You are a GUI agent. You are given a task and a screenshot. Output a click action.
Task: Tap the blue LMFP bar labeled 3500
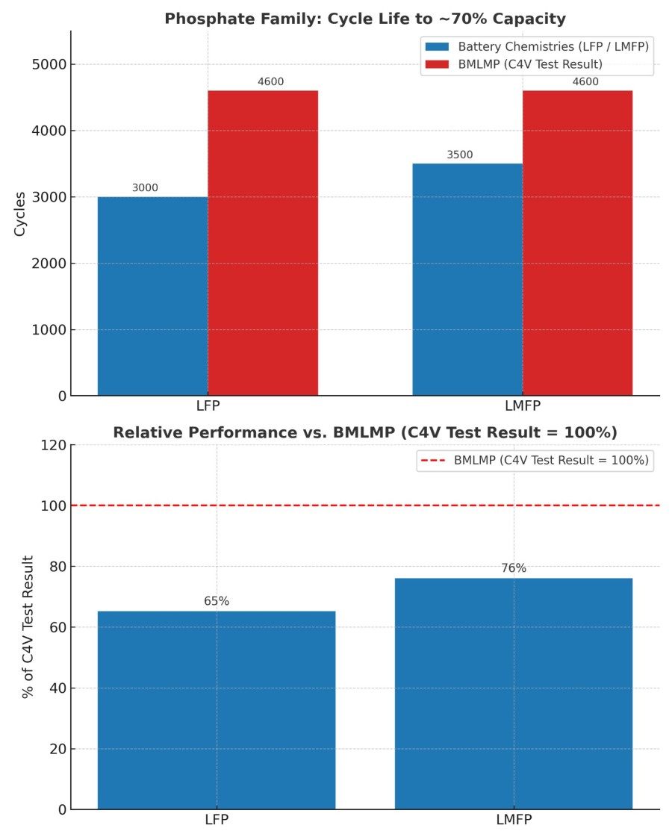[x=467, y=279]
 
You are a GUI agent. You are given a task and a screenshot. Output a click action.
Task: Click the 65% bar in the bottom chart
[x=217, y=709]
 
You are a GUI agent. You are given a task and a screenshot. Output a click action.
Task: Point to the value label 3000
[x=145, y=188]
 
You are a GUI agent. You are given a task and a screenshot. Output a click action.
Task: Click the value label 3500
[x=460, y=155]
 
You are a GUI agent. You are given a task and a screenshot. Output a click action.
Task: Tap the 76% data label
[x=514, y=568]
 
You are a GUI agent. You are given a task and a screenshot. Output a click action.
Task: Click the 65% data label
[x=217, y=601]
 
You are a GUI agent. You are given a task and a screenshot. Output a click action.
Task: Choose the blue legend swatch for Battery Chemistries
[x=437, y=46]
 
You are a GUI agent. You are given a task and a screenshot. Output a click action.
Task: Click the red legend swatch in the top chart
[x=437, y=64]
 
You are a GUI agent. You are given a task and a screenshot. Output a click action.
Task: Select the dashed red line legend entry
[x=434, y=461]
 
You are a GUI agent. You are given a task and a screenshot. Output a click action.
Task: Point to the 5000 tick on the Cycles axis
[x=49, y=65]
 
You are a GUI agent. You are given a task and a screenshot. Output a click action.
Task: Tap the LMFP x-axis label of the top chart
[x=522, y=407]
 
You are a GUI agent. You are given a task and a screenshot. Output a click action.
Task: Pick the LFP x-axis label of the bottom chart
[x=217, y=820]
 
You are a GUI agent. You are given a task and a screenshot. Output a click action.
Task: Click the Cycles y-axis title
[x=20, y=214]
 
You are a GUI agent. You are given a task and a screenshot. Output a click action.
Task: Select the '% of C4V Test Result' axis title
[x=28, y=627]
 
